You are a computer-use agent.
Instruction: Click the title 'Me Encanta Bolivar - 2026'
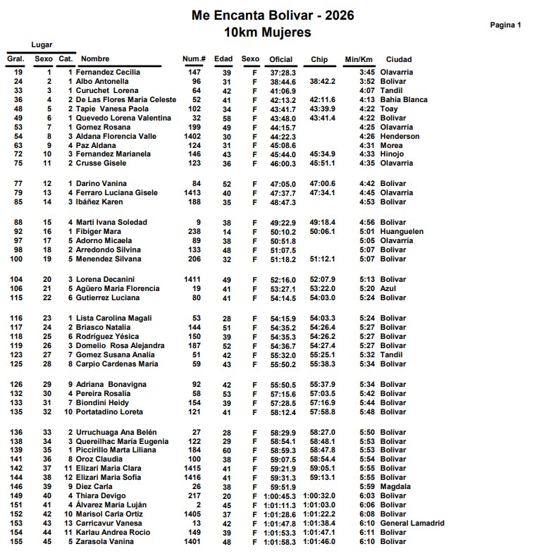[x=272, y=16]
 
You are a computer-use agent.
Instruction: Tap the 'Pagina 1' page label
[x=505, y=25]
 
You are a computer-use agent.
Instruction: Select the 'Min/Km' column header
[x=358, y=59]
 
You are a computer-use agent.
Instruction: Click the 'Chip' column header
[x=318, y=59]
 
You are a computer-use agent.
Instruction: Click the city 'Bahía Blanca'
[x=403, y=100]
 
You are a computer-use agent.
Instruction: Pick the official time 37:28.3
[x=283, y=73]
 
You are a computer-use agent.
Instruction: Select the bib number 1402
[x=192, y=137]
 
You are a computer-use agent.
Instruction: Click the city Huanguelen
[x=402, y=232]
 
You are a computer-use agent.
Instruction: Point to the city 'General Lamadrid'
[x=412, y=524]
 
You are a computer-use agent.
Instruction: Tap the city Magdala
[x=395, y=487]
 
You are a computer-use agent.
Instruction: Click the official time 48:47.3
[x=283, y=202]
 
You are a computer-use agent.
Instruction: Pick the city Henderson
[x=400, y=137]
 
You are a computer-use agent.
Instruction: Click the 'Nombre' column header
[x=95, y=59]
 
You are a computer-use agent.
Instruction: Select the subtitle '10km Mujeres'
[x=267, y=32]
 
